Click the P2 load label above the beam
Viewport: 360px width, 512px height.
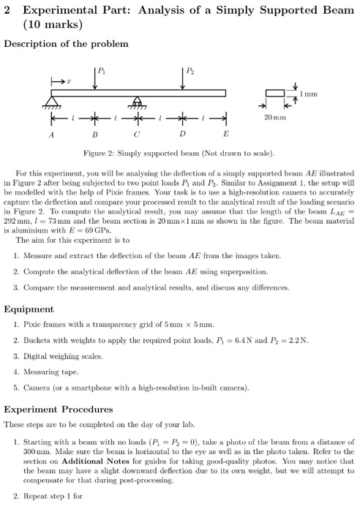click(190, 72)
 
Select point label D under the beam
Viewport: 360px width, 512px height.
click(181, 135)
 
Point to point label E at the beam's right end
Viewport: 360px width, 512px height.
click(225, 135)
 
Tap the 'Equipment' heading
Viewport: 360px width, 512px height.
click(29, 309)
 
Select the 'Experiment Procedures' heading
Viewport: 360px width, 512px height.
click(59, 410)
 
